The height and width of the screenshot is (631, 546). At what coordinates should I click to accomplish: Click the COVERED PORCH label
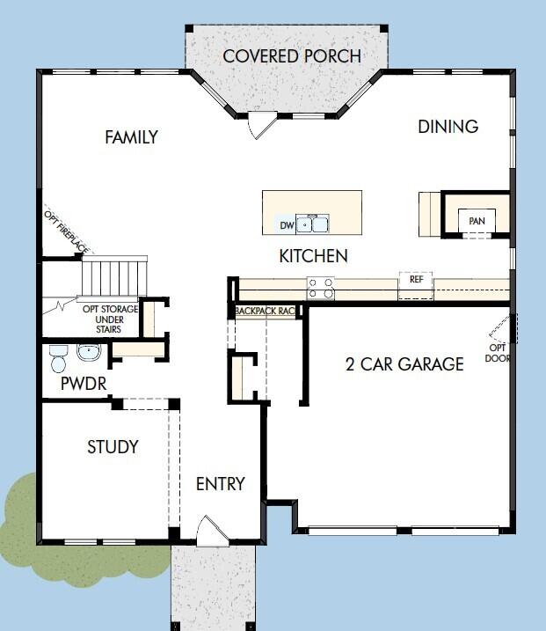[291, 56]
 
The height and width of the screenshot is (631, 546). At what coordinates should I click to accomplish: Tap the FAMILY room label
[131, 137]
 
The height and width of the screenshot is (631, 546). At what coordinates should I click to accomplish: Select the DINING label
[448, 127]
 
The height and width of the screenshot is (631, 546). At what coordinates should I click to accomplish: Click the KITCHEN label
[313, 257]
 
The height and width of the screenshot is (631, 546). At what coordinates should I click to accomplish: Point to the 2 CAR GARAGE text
[404, 363]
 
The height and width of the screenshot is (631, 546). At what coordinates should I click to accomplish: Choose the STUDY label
[113, 447]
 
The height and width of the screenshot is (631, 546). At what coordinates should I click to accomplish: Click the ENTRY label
[220, 484]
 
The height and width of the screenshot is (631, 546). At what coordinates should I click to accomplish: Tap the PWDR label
[83, 384]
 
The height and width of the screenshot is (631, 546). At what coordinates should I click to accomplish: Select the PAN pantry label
[477, 221]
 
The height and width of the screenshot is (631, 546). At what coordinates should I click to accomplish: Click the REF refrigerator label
[416, 279]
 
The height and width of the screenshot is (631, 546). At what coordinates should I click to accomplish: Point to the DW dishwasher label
[286, 225]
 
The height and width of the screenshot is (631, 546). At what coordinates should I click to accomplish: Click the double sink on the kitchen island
[311, 224]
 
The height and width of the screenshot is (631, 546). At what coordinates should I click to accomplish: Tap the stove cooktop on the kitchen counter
[319, 288]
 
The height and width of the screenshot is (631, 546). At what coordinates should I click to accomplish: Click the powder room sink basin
[88, 353]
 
